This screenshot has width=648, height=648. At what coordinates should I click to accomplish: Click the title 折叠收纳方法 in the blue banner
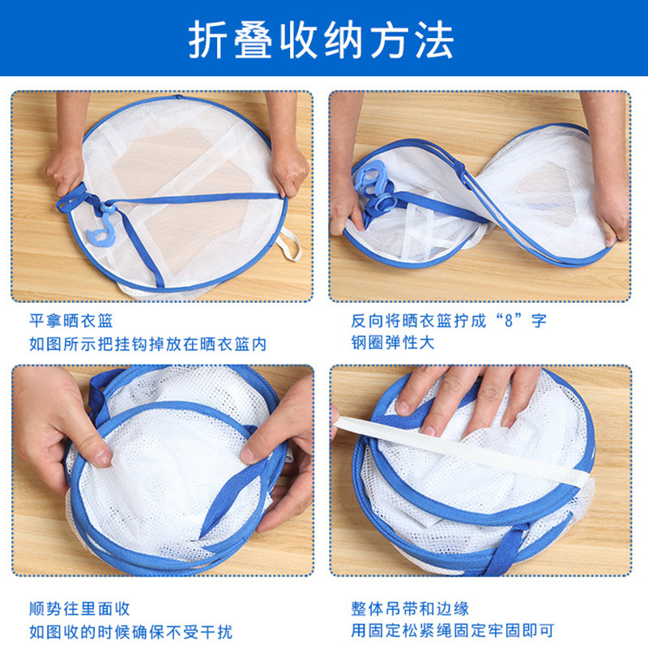tap(321, 40)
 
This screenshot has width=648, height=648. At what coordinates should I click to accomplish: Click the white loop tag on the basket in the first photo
tap(290, 244)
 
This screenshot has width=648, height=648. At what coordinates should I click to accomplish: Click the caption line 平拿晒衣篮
tap(70, 321)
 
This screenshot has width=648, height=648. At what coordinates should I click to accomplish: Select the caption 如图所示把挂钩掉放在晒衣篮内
tap(147, 344)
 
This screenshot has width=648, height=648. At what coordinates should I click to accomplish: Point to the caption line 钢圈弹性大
tap(393, 343)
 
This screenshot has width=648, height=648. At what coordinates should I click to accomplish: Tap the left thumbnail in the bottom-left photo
tap(102, 457)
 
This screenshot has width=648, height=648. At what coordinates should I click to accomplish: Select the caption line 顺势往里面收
tap(79, 608)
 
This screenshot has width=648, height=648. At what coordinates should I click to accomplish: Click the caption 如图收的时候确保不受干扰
tap(130, 632)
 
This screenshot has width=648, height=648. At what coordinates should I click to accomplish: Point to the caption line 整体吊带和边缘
tap(410, 608)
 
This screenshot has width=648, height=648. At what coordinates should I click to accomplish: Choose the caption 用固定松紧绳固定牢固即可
tap(453, 631)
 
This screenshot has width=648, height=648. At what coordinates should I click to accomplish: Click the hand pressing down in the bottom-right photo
tap(467, 397)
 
